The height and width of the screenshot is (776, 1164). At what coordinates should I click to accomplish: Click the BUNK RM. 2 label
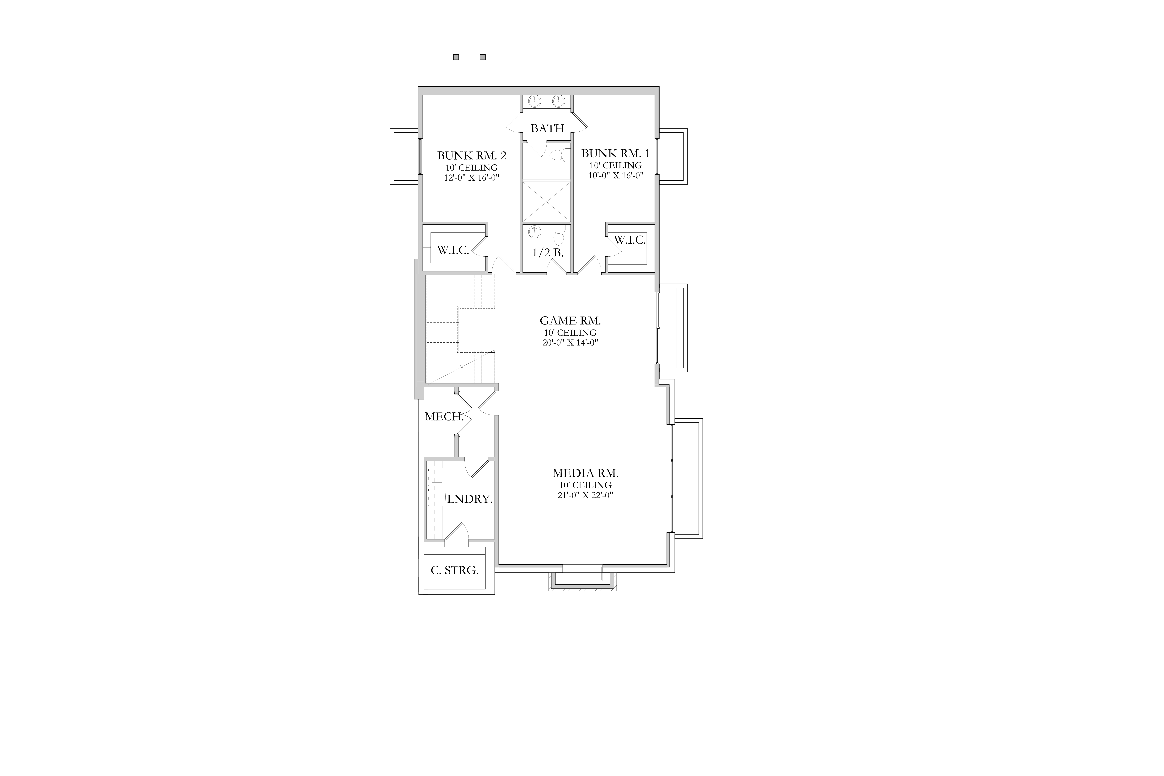tap(472, 155)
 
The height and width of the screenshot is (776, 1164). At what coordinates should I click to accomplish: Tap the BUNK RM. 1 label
tap(616, 153)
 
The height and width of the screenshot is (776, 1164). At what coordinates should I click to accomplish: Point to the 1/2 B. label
tap(548, 253)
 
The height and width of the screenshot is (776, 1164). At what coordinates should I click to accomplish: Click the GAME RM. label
tap(570, 321)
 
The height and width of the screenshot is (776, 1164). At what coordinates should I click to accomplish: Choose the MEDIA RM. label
tap(585, 473)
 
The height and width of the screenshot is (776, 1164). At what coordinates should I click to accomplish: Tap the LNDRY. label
tap(470, 499)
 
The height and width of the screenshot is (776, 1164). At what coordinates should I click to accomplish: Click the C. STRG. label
tap(454, 571)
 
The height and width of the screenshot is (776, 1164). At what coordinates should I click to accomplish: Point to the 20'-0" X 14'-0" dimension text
tap(570, 342)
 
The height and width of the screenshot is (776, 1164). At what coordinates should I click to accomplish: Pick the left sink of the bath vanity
tap(534, 102)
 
